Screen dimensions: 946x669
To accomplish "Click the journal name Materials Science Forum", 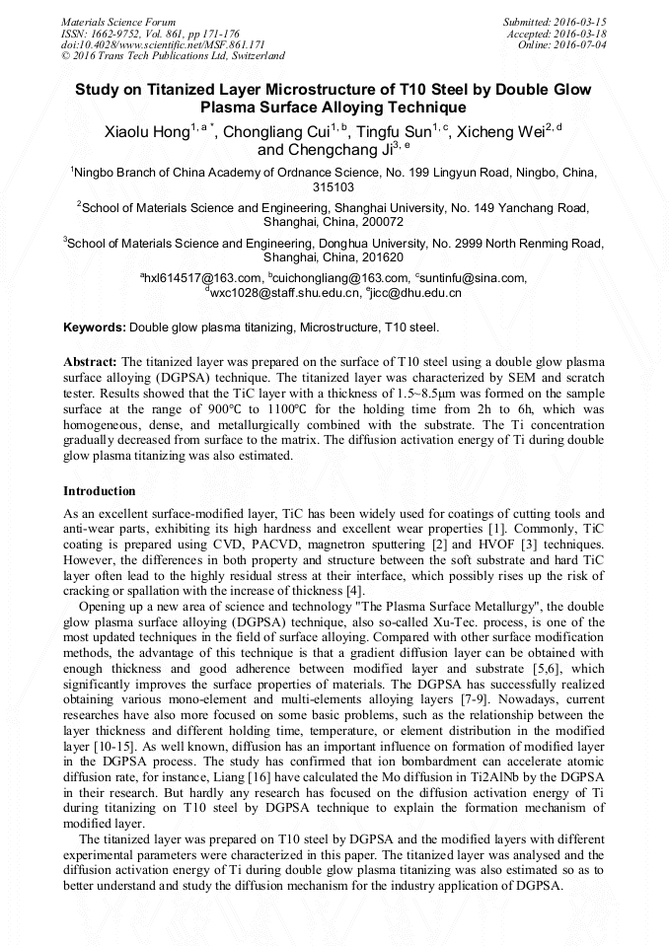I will [118, 21].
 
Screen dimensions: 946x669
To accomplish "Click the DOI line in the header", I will [164, 44].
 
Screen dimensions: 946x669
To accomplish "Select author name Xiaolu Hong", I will [147, 132].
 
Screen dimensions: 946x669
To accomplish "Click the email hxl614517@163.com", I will [202, 278].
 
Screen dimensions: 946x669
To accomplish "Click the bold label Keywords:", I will [95, 327].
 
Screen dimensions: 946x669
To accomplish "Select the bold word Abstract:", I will [90, 362].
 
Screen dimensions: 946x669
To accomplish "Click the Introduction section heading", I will [100, 490].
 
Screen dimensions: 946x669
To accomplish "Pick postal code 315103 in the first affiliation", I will [334, 186].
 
